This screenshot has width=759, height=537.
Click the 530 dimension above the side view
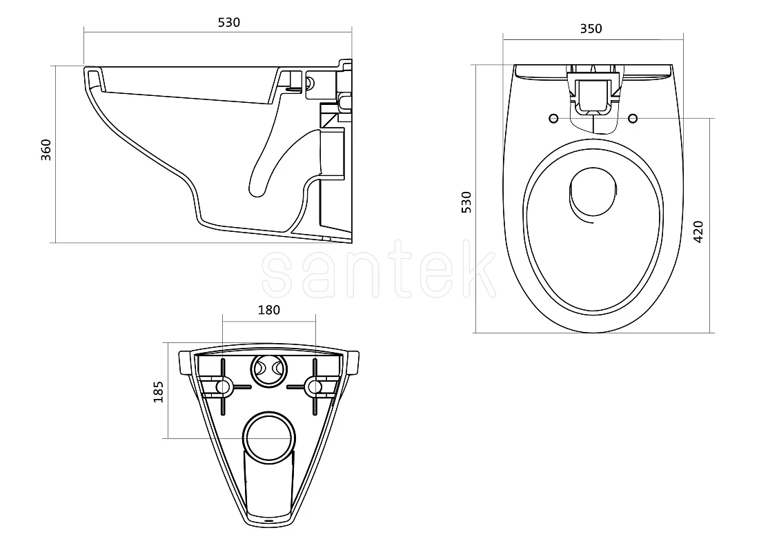pos(229,22)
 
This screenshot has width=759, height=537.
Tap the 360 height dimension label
pos(46,150)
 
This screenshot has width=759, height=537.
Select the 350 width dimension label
pos(591,29)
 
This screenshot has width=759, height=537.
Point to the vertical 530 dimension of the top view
pos(466,202)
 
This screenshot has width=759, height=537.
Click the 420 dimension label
pos(698,231)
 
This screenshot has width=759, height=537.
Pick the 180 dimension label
pos(268,310)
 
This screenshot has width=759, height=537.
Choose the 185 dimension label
pos(158,392)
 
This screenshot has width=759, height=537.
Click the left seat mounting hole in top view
pos(554,119)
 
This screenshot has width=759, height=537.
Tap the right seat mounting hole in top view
pos(633,119)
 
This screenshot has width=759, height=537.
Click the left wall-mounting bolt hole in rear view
pos(223,387)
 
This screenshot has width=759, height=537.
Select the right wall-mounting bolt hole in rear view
pos(315,387)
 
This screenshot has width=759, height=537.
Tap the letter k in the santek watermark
pos(481,267)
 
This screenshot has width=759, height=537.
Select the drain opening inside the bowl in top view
pos(593,192)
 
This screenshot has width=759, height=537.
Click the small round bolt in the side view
pos(310,84)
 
